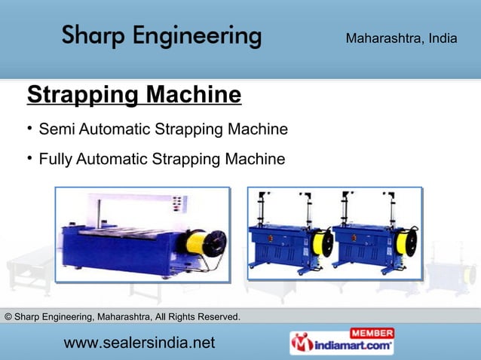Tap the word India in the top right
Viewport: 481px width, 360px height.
click(x=443, y=38)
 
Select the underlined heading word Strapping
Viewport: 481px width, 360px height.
click(x=83, y=96)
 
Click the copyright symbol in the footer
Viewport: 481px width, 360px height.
click(x=8, y=316)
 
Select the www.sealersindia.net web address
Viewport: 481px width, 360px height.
click(x=139, y=343)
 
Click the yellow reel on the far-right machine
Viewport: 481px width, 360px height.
click(x=406, y=243)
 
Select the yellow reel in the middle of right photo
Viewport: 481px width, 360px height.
click(x=322, y=243)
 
